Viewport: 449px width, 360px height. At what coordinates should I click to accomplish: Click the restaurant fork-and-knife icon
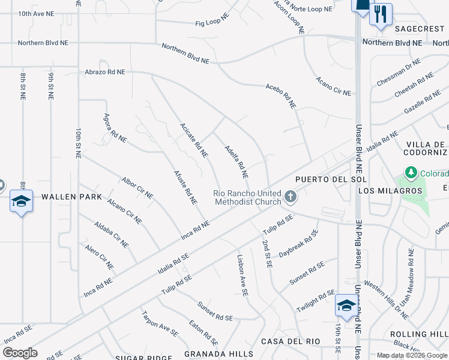coord(381,14)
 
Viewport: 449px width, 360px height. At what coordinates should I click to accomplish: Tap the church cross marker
coord(291,197)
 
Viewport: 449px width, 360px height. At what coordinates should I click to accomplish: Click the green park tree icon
coord(411,174)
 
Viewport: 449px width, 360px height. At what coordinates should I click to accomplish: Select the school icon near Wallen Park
coord(21,201)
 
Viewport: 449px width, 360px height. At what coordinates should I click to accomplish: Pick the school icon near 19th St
coord(346,305)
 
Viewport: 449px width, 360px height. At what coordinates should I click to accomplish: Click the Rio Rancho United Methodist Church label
coord(247,197)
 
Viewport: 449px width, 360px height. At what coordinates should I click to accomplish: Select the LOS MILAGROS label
coord(390,191)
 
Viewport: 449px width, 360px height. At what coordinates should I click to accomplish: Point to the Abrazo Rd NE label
coord(104,71)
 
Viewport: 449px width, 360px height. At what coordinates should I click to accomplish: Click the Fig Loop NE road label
coord(212,23)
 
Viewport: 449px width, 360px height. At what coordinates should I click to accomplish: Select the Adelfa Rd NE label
coord(236,162)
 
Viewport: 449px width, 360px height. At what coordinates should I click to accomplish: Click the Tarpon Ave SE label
coord(160,323)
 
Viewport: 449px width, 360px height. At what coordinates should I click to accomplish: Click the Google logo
coord(20,353)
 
